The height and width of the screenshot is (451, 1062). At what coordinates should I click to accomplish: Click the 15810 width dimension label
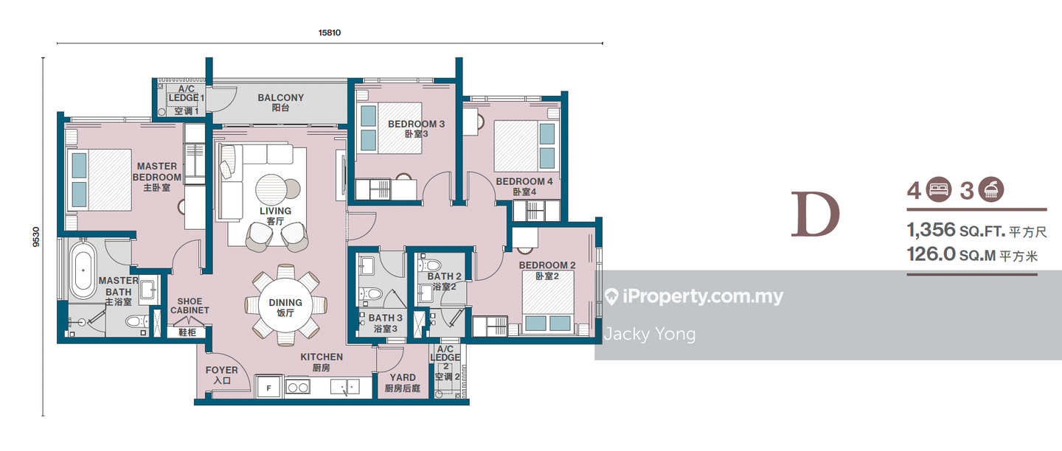coord(330,32)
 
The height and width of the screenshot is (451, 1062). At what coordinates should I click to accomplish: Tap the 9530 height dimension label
coord(37,237)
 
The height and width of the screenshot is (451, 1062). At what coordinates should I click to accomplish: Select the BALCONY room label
coord(281,97)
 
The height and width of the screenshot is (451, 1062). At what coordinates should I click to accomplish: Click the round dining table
coord(285,307)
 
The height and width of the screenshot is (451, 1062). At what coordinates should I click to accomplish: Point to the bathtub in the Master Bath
coord(83,270)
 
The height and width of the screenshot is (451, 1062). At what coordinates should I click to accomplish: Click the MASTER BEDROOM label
coord(157,172)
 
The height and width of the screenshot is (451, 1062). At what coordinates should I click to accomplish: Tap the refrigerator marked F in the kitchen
coord(268,388)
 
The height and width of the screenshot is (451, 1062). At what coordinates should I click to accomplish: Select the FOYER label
coord(221,370)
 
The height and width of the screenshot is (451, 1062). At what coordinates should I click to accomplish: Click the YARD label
coord(403,377)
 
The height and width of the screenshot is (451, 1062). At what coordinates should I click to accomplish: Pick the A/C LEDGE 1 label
coord(187,94)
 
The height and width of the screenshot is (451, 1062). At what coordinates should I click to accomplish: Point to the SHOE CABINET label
coord(190,306)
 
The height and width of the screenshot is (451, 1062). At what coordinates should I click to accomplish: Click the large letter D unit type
coord(815,214)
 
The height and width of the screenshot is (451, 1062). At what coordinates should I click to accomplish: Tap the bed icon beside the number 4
coord(939,189)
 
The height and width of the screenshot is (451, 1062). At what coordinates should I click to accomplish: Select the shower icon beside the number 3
coord(991,189)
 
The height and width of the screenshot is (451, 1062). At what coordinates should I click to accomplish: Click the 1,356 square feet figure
coord(931,230)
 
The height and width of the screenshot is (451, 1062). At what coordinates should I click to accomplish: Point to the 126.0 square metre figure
coord(931,254)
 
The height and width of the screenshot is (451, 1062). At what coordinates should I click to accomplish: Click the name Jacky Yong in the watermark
coord(650,335)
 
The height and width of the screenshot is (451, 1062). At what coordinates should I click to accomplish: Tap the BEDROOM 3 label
coord(416,124)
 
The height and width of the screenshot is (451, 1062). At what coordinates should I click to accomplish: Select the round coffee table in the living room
coord(271,189)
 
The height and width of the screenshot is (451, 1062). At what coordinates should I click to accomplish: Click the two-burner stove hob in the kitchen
coord(298,388)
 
